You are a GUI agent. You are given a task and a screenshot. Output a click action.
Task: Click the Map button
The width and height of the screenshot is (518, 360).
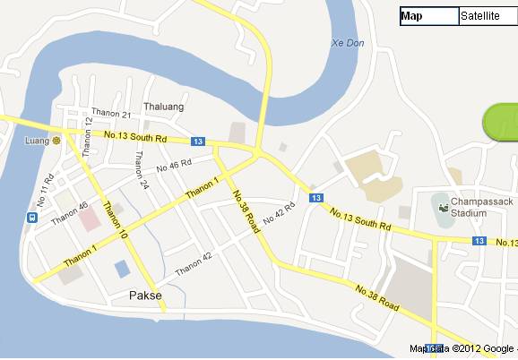point(428,16)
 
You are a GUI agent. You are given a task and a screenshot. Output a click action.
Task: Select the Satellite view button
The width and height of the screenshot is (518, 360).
point(487,16)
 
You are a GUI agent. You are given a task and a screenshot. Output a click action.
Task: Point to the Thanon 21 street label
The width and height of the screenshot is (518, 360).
point(114,115)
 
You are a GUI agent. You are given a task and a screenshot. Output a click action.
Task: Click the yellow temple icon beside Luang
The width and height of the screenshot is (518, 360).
point(56,141)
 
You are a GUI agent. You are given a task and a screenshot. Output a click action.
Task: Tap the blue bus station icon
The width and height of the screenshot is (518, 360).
point(31,217)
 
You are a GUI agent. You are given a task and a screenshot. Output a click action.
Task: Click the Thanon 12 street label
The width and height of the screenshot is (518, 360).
point(88,137)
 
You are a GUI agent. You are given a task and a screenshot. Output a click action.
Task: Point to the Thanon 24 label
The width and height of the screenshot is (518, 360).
point(141,170)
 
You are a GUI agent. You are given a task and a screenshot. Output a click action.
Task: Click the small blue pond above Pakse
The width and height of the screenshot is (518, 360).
point(121,269)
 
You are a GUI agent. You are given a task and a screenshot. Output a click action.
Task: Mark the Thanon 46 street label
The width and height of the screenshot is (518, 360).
point(71,211)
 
